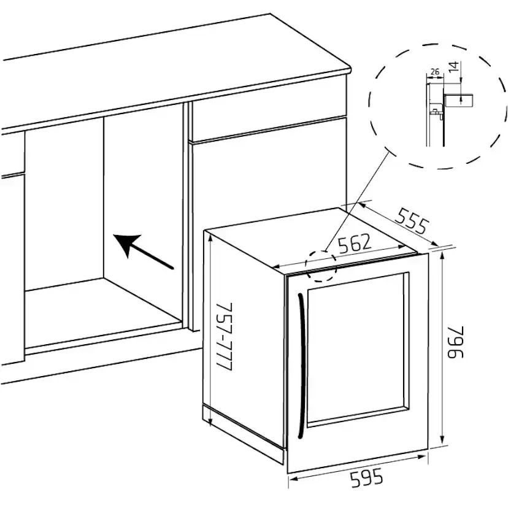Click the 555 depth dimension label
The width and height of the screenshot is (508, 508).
coord(413,221)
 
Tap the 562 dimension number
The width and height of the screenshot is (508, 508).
coord(355,243)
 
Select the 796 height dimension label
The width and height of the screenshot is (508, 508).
coord(456,342)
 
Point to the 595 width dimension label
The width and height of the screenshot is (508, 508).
coord(366,479)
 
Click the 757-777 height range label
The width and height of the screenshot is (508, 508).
coord(224,337)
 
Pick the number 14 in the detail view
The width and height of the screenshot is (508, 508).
coord(455,66)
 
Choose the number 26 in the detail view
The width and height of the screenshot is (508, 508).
coord(435,72)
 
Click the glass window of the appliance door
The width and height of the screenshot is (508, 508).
coord(358,350)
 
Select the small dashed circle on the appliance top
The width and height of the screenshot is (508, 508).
coord(321,266)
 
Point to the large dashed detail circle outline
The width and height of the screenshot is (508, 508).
coord(437,106)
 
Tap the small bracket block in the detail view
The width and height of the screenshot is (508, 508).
coord(459,100)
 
